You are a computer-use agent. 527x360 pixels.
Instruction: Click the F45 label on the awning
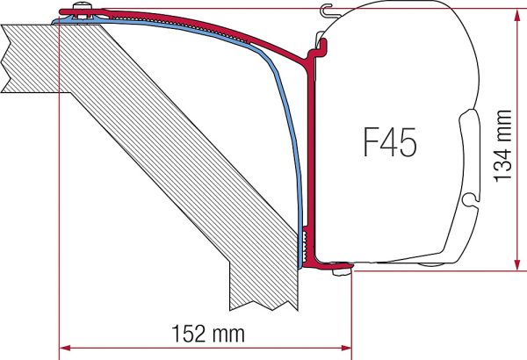[x=390, y=142]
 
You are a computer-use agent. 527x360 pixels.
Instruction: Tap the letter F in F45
[x=371, y=142]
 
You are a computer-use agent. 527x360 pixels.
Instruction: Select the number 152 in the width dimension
[x=189, y=333]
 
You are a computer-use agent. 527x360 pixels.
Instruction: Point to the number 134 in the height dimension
[x=502, y=165]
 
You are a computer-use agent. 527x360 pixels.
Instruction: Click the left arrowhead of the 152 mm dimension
[x=64, y=348]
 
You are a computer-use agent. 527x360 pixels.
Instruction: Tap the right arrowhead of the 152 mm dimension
[x=347, y=348]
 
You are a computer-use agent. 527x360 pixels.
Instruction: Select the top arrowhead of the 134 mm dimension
[x=517, y=14]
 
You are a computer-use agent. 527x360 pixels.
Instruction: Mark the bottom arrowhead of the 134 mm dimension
[x=517, y=265]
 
